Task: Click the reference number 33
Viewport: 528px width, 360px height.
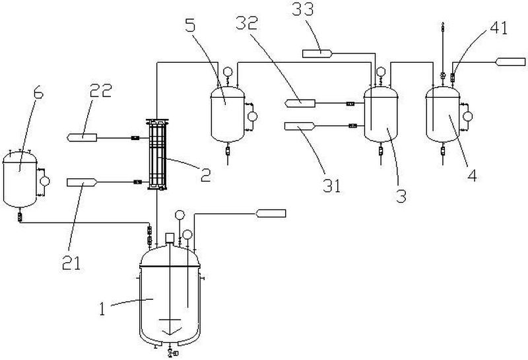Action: coord(303,9)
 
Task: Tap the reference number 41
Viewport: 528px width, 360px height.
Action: coord(498,28)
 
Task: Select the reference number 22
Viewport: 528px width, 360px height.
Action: coord(100,90)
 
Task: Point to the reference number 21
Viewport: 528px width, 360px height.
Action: coord(71,264)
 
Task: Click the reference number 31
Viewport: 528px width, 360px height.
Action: coord(332,186)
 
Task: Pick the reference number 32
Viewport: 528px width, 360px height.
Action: coord(247,23)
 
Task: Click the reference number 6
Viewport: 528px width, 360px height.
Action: coord(38,93)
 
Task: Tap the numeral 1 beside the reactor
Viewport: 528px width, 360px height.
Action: coord(102,309)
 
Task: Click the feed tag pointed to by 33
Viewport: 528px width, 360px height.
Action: coord(317,54)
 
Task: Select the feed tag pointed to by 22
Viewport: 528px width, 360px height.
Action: coord(82,137)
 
